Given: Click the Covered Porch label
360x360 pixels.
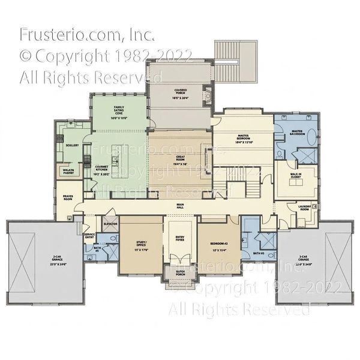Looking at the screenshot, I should coord(181,93).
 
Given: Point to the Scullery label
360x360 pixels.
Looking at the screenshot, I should coord(73,145).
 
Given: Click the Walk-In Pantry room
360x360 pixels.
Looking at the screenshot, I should coord(68,172).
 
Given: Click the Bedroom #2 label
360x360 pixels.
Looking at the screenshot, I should coord(218,245).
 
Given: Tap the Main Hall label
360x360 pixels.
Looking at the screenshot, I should coord(180,206).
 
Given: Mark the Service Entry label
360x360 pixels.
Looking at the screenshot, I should coord(89,236).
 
